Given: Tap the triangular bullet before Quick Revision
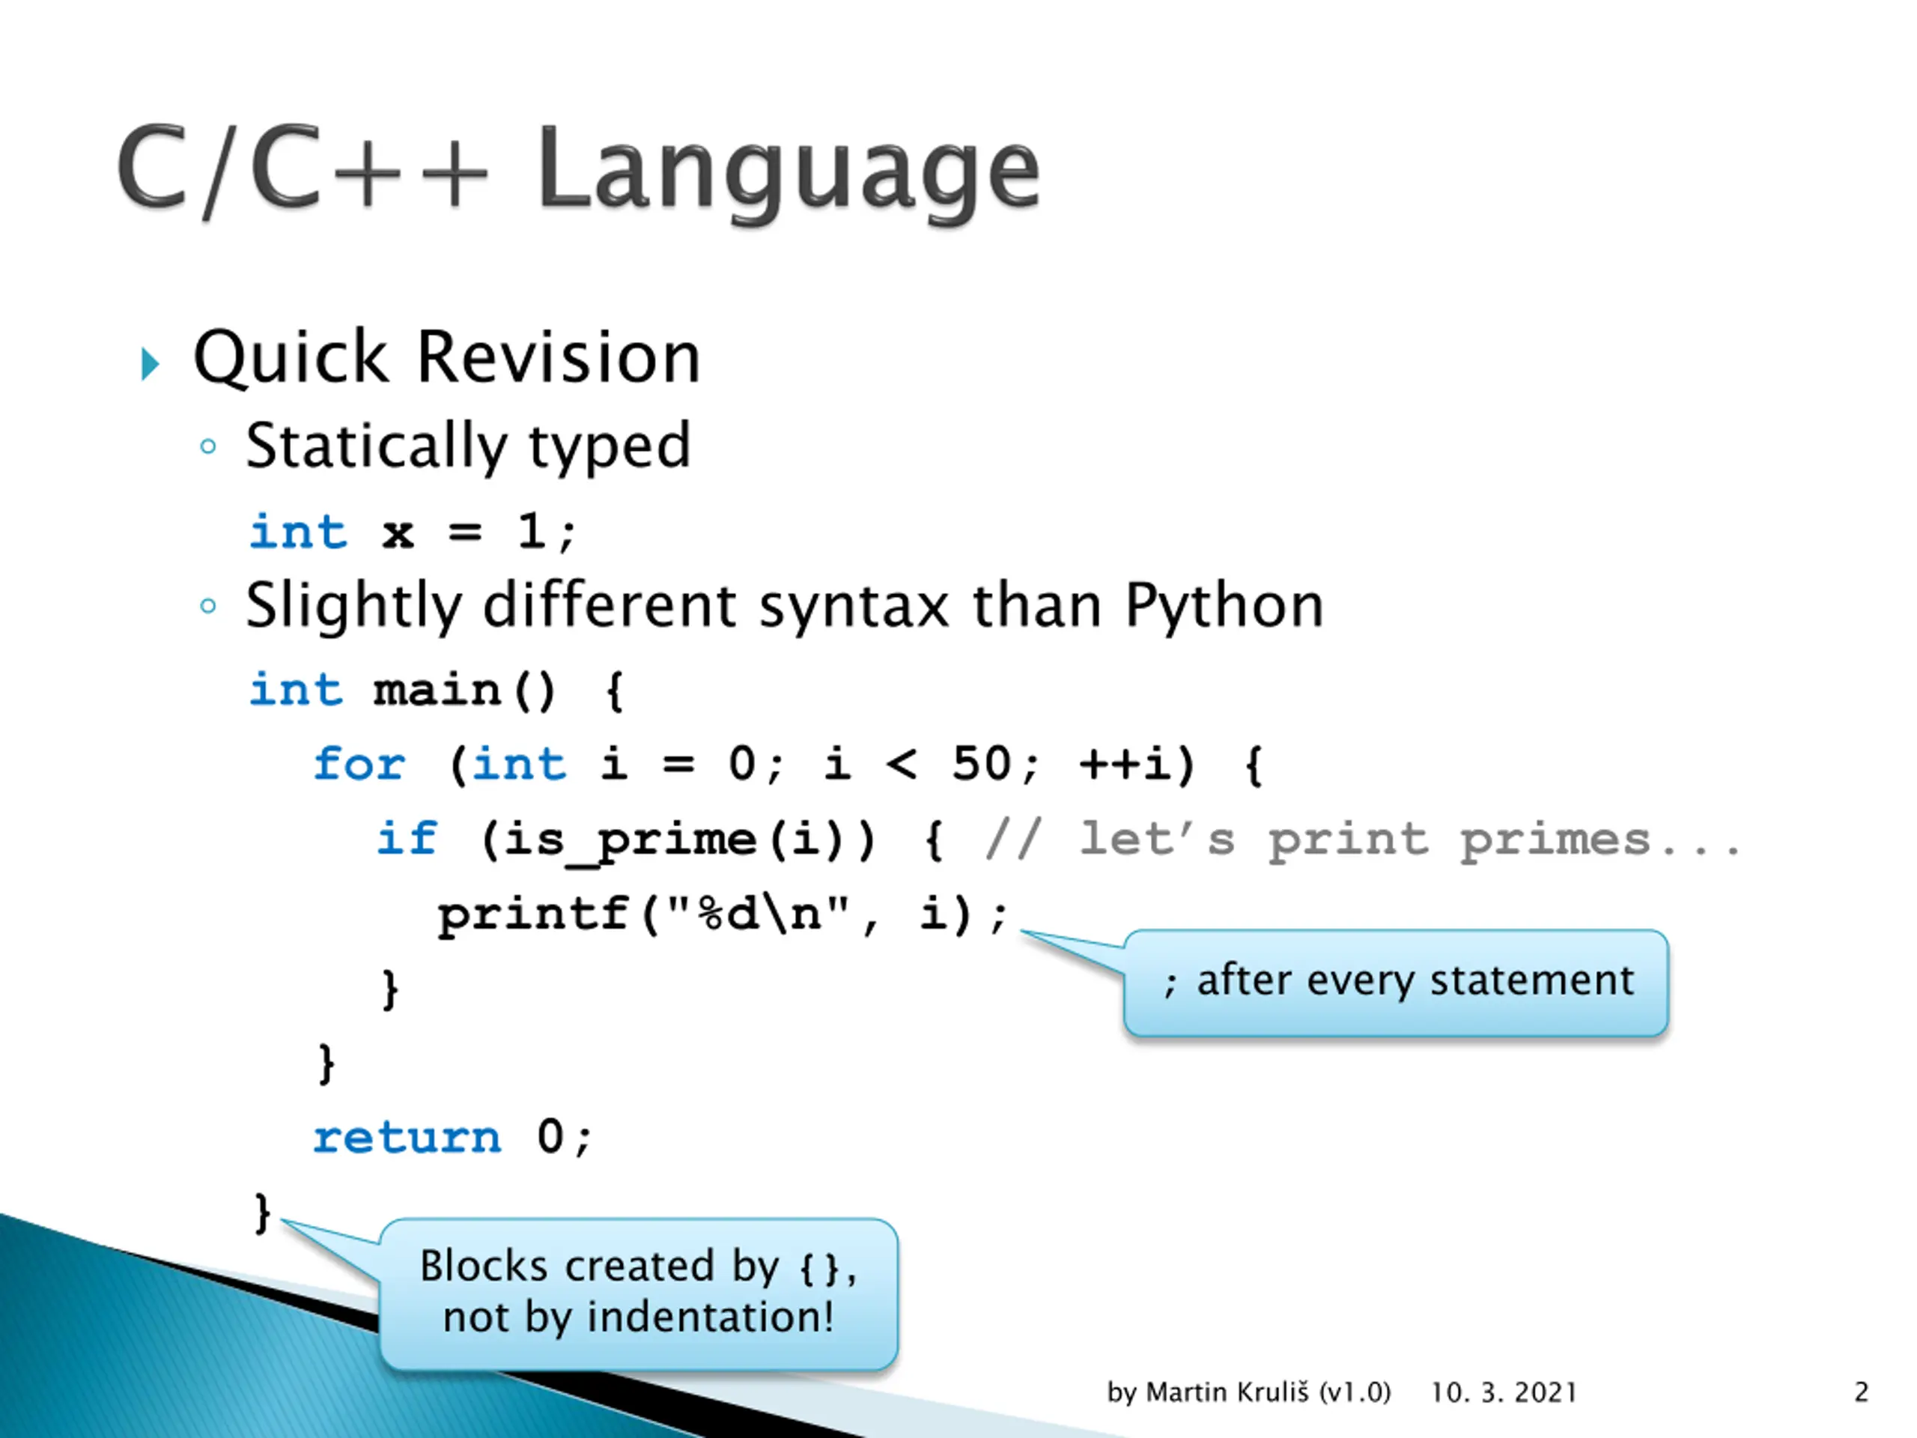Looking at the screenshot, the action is click(150, 364).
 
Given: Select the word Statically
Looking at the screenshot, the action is click(376, 447).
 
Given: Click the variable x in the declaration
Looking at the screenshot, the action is click(398, 533).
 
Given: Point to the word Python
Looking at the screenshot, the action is click(1224, 606).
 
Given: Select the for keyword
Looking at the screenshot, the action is click(359, 765).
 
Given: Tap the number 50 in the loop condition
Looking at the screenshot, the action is click(982, 765).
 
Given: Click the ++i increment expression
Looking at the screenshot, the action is click(1125, 765).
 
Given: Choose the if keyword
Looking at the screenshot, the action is click(407, 839).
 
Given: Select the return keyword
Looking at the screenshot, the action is click(407, 1137).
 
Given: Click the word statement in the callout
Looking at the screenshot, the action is click(1531, 981).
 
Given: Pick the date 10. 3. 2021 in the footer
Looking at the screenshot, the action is click(1503, 1393).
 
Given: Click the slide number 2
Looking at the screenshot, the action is click(1861, 1393).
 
